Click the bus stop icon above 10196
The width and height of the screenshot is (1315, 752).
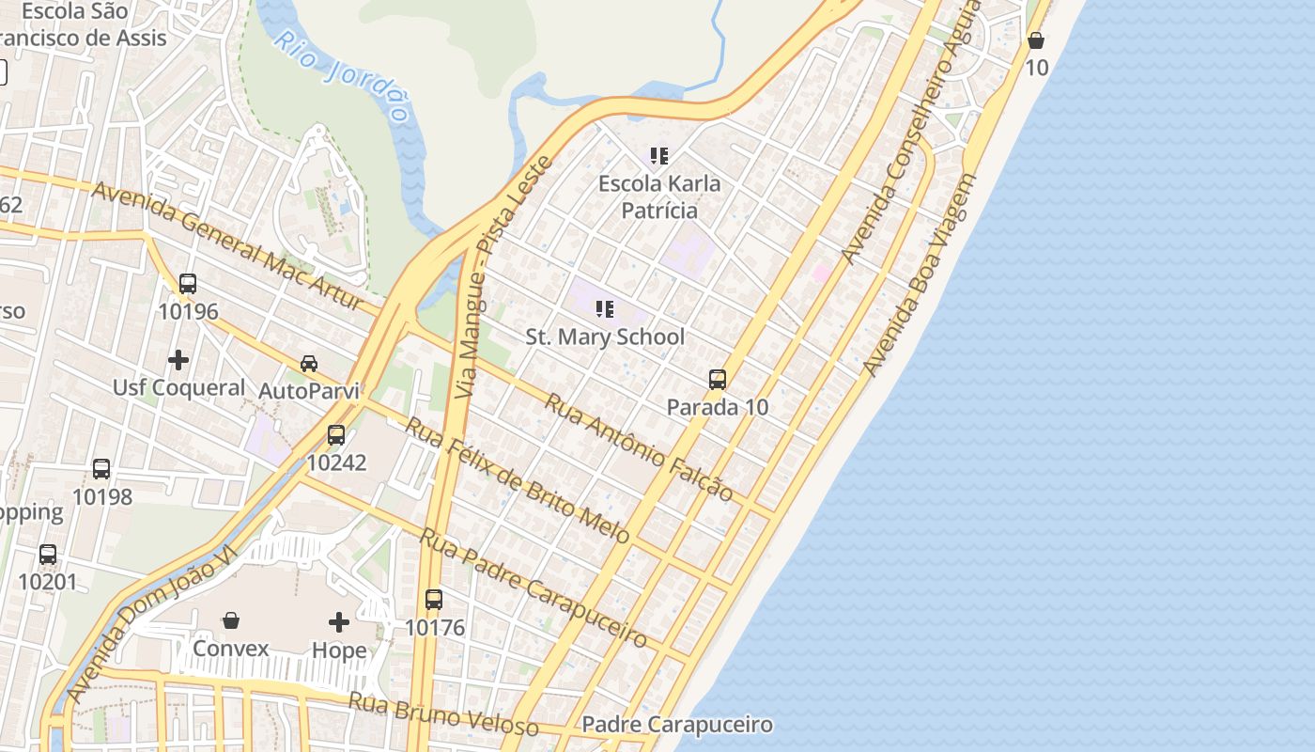[x=188, y=283]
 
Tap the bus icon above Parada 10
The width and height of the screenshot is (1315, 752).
[x=718, y=380]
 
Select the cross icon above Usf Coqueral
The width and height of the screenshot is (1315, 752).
[x=178, y=359]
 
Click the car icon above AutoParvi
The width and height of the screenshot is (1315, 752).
[x=308, y=363]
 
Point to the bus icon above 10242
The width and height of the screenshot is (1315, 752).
[x=335, y=434]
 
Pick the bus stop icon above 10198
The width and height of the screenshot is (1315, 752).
[x=101, y=468]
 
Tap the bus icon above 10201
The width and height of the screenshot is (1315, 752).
[x=48, y=554]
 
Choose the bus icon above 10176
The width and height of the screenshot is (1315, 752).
[x=433, y=599]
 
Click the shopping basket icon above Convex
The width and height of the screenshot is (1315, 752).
[x=230, y=620]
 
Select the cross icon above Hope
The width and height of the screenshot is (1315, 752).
[x=339, y=621]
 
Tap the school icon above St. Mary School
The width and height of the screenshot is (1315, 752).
[x=605, y=308]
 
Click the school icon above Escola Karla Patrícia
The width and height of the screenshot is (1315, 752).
[x=659, y=155]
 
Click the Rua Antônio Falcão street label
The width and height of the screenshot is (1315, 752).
[x=639, y=447]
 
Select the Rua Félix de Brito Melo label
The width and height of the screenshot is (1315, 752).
[x=518, y=480]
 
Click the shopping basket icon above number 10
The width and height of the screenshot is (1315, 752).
[x=1035, y=40]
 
